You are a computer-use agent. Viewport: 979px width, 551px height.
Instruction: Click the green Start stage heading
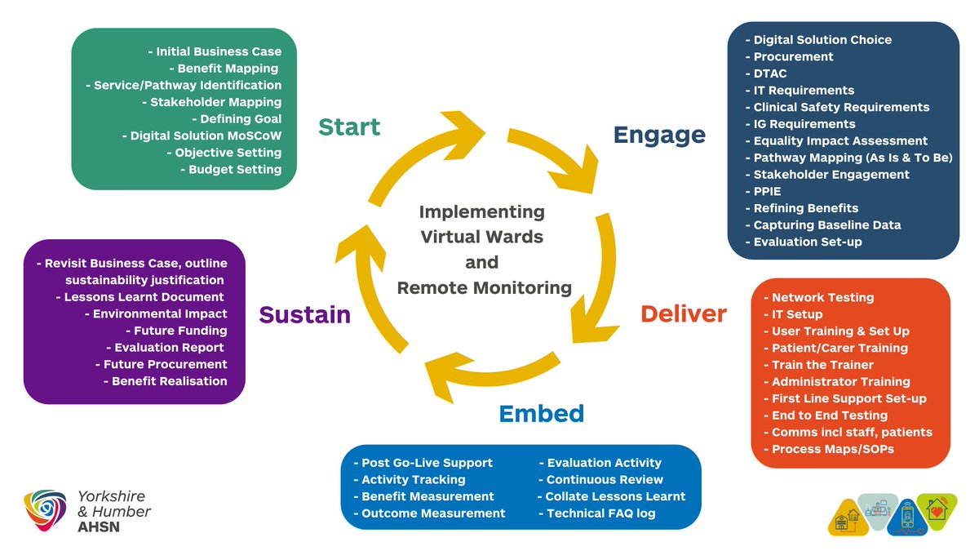349,127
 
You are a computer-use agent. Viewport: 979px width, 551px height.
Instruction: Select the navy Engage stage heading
659,136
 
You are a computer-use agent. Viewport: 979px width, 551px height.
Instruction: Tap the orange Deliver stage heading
684,314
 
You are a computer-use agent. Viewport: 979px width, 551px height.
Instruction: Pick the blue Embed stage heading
542,414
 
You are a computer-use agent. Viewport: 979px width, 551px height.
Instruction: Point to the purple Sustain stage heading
304,315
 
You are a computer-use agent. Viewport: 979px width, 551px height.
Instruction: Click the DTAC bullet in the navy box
766,73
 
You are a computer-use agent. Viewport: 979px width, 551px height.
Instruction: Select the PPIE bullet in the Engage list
763,192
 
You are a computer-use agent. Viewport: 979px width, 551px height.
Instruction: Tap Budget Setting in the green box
231,169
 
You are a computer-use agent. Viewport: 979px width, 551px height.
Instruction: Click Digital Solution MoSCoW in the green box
202,136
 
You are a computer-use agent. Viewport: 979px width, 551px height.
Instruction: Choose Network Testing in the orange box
819,297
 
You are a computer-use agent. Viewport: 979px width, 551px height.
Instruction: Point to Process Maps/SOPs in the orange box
829,449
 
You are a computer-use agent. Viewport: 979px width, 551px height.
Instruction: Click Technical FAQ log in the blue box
597,513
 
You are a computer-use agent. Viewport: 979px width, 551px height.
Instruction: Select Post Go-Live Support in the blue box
423,463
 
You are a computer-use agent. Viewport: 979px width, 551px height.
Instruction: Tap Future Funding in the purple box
176,331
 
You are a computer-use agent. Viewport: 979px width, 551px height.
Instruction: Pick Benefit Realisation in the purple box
166,381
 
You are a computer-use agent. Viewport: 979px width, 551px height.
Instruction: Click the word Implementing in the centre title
482,212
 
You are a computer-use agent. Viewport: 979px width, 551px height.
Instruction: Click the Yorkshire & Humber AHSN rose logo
46,510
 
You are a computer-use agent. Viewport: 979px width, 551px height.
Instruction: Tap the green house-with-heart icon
937,510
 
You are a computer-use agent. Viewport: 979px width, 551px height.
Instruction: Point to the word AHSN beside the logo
99,527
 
